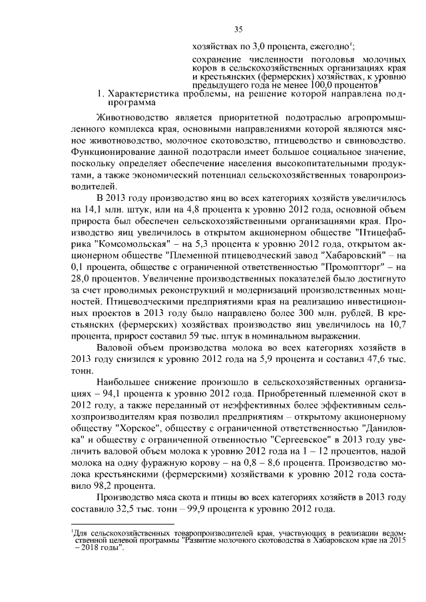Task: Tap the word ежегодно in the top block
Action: (x=329, y=47)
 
